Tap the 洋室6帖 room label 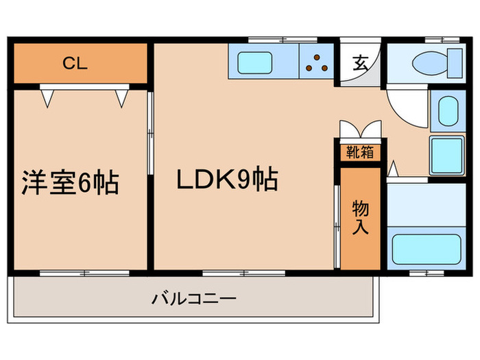click(x=71, y=184)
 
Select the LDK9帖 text click(x=227, y=180)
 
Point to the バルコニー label click(x=194, y=299)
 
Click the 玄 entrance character click(x=359, y=62)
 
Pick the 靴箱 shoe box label click(x=359, y=152)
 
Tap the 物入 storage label click(x=360, y=217)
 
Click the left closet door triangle click(x=47, y=97)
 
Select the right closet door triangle click(x=122, y=97)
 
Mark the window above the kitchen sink click(x=267, y=39)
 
